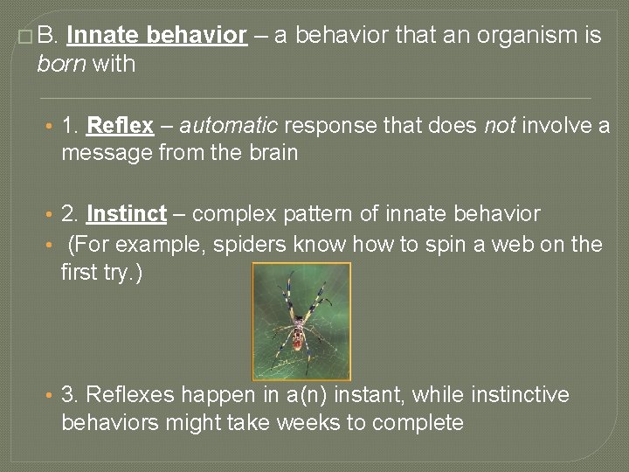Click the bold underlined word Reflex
coord(121,126)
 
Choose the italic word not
coord(499,126)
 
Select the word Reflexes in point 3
coord(128,395)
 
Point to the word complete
coord(418,423)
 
